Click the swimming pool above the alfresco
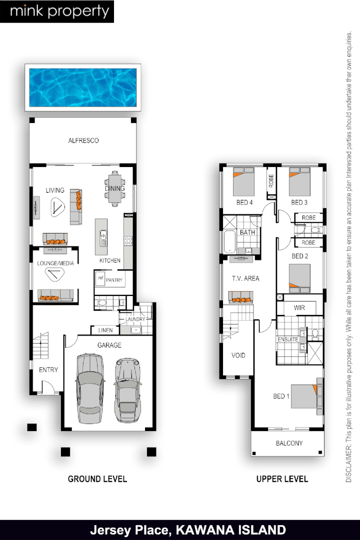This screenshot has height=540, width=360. [x=83, y=87]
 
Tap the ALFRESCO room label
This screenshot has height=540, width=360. [x=83, y=141]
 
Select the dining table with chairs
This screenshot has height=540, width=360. [x=115, y=188]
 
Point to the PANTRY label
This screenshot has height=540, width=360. [x=114, y=280]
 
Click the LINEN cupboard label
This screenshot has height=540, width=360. [x=105, y=330]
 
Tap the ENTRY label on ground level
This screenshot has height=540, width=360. [x=48, y=370]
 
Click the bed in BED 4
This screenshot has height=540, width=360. [x=243, y=182]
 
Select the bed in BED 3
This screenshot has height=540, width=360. [x=300, y=182]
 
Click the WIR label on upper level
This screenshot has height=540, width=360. [x=299, y=308]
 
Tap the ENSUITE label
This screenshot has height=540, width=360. [x=288, y=339]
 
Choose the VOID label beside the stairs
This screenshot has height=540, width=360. [x=238, y=355]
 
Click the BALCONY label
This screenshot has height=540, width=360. [x=289, y=443]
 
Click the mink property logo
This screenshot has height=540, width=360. [x=57, y=11]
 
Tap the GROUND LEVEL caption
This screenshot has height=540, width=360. [x=97, y=479]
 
